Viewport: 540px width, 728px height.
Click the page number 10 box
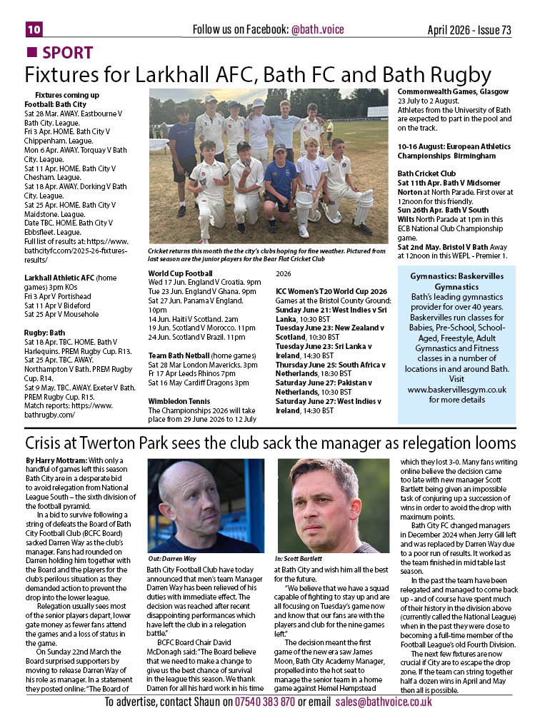tap(34, 29)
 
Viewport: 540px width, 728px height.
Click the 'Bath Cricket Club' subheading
tap(426, 173)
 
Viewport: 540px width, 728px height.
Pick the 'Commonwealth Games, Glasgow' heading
tap(453, 92)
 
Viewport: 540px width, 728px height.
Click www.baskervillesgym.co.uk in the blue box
tap(466, 390)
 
